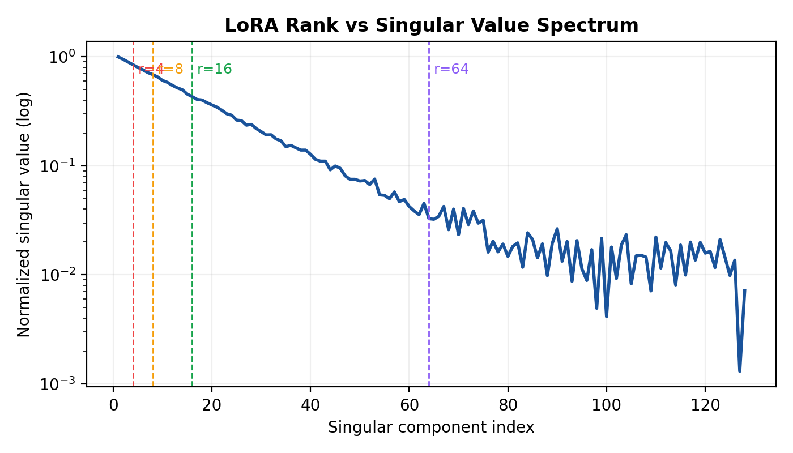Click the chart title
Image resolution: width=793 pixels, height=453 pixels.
click(x=431, y=25)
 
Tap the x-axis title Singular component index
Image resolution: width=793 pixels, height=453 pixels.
click(x=431, y=428)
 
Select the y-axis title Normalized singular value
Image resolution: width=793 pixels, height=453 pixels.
click(x=24, y=213)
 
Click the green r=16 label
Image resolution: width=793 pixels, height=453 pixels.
click(x=214, y=69)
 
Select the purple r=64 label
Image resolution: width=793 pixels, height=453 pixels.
click(x=451, y=69)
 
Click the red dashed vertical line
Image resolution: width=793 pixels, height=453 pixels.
click(x=133, y=226)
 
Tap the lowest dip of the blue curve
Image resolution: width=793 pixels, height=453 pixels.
click(x=740, y=371)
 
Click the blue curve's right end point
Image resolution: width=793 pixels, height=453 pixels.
click(x=744, y=290)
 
